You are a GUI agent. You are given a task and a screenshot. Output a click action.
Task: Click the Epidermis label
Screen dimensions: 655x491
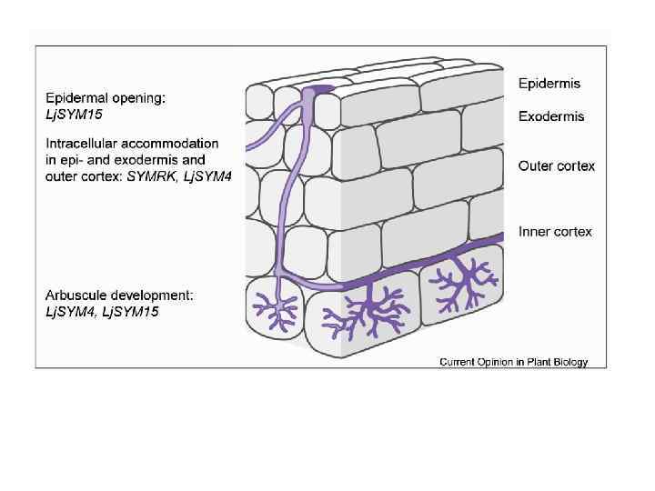tap(549, 84)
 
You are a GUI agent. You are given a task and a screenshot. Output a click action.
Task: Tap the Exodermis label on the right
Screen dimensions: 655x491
tap(551, 116)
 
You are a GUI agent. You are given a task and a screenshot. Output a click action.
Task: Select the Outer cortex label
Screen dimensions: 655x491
tap(557, 165)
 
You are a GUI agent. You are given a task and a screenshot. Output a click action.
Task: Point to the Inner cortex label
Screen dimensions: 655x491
tap(555, 232)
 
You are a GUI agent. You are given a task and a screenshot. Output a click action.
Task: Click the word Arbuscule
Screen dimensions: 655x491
tap(76, 296)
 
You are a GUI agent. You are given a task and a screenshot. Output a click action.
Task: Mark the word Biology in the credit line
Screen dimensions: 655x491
tap(569, 362)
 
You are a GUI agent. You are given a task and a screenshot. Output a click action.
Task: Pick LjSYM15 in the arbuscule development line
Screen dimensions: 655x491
tap(131, 311)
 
